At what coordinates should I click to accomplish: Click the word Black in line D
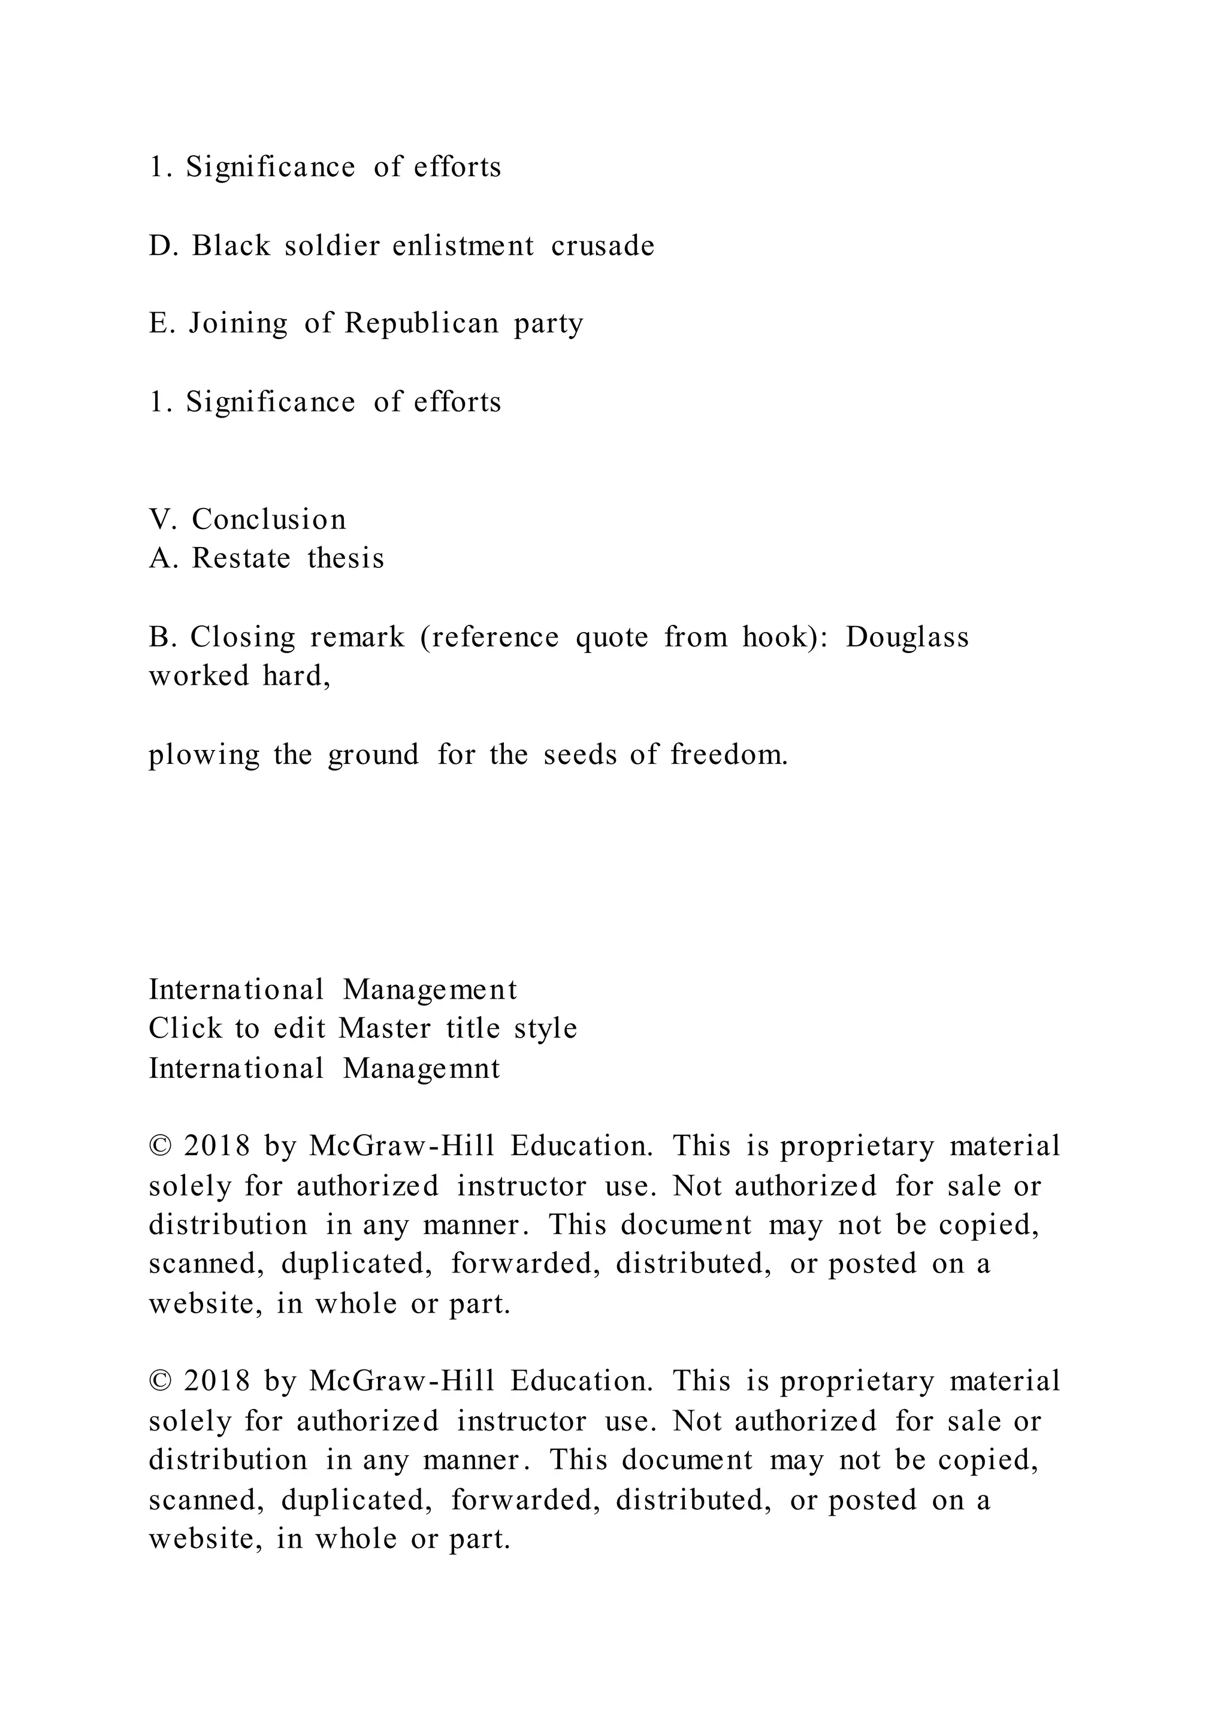point(231,246)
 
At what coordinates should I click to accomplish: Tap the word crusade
point(602,246)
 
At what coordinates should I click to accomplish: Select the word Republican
point(422,324)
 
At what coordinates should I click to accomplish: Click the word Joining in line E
point(238,324)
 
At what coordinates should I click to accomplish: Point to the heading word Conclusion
point(269,519)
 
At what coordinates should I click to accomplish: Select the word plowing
point(203,755)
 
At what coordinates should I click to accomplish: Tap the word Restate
point(241,558)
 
